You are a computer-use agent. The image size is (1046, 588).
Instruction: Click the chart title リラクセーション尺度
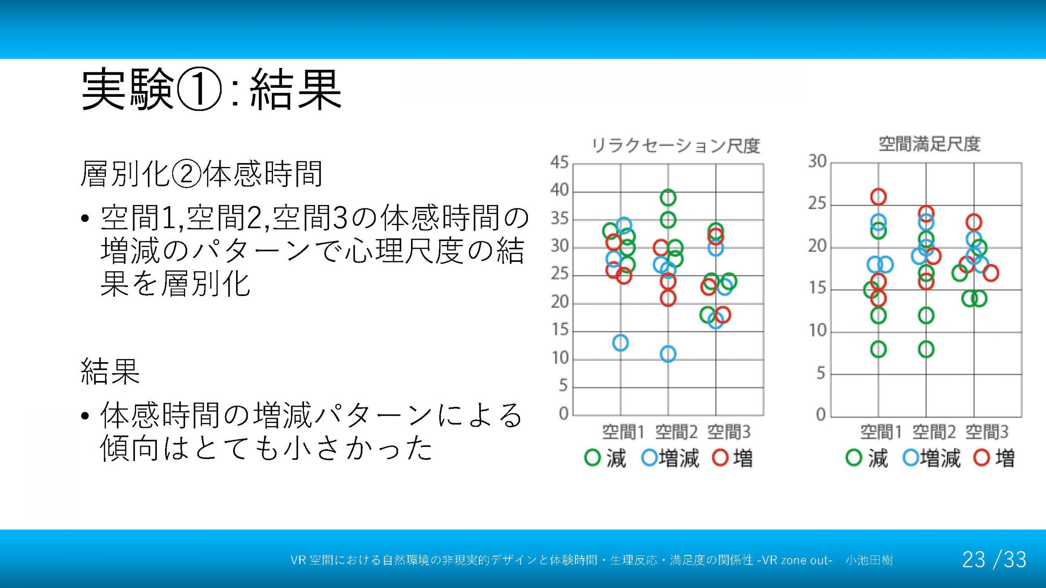(676, 146)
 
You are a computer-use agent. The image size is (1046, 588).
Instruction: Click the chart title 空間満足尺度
(930, 144)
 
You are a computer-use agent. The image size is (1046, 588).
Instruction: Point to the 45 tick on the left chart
(559, 163)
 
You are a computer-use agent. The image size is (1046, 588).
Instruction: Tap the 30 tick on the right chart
(818, 161)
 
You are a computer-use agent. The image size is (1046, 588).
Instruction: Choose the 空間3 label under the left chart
(729, 432)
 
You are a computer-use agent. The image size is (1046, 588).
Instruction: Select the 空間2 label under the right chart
(934, 432)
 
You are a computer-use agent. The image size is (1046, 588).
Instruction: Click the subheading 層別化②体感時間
(202, 174)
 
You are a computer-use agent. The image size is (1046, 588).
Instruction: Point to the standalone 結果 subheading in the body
(110, 371)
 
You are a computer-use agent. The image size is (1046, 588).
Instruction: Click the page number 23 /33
(994, 559)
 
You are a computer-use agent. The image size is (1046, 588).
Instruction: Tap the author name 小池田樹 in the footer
(869, 560)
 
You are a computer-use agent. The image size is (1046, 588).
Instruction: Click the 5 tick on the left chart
(563, 386)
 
